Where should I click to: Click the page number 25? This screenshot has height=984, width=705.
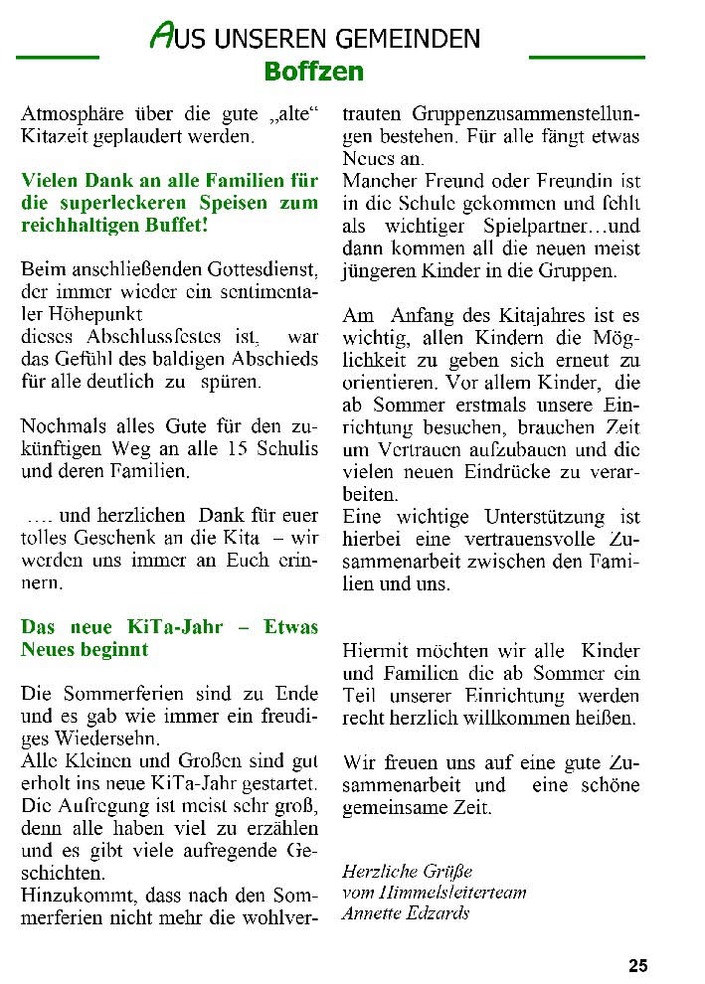pos(637,965)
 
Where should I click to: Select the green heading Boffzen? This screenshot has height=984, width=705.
pos(314,72)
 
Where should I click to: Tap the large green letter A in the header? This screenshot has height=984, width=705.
pos(160,38)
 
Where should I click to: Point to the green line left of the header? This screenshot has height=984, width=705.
pos(58,57)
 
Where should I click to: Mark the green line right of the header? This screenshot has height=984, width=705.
pos(587,57)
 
